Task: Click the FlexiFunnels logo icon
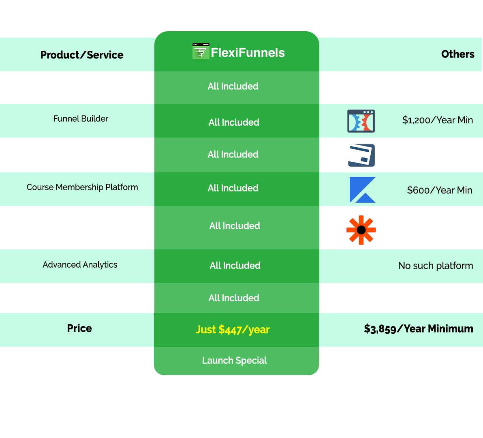point(201,52)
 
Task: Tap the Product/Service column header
point(82,55)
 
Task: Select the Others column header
point(457,54)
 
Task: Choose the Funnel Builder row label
point(81,119)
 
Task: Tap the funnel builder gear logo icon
point(361,121)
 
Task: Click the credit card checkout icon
point(360,155)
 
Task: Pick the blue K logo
point(362,190)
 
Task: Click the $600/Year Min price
point(440,190)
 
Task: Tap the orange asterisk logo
point(361,230)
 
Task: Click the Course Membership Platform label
point(82,187)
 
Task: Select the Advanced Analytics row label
point(80,265)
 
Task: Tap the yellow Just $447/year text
point(233,329)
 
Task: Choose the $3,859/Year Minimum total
point(419,328)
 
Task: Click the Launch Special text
point(235,361)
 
